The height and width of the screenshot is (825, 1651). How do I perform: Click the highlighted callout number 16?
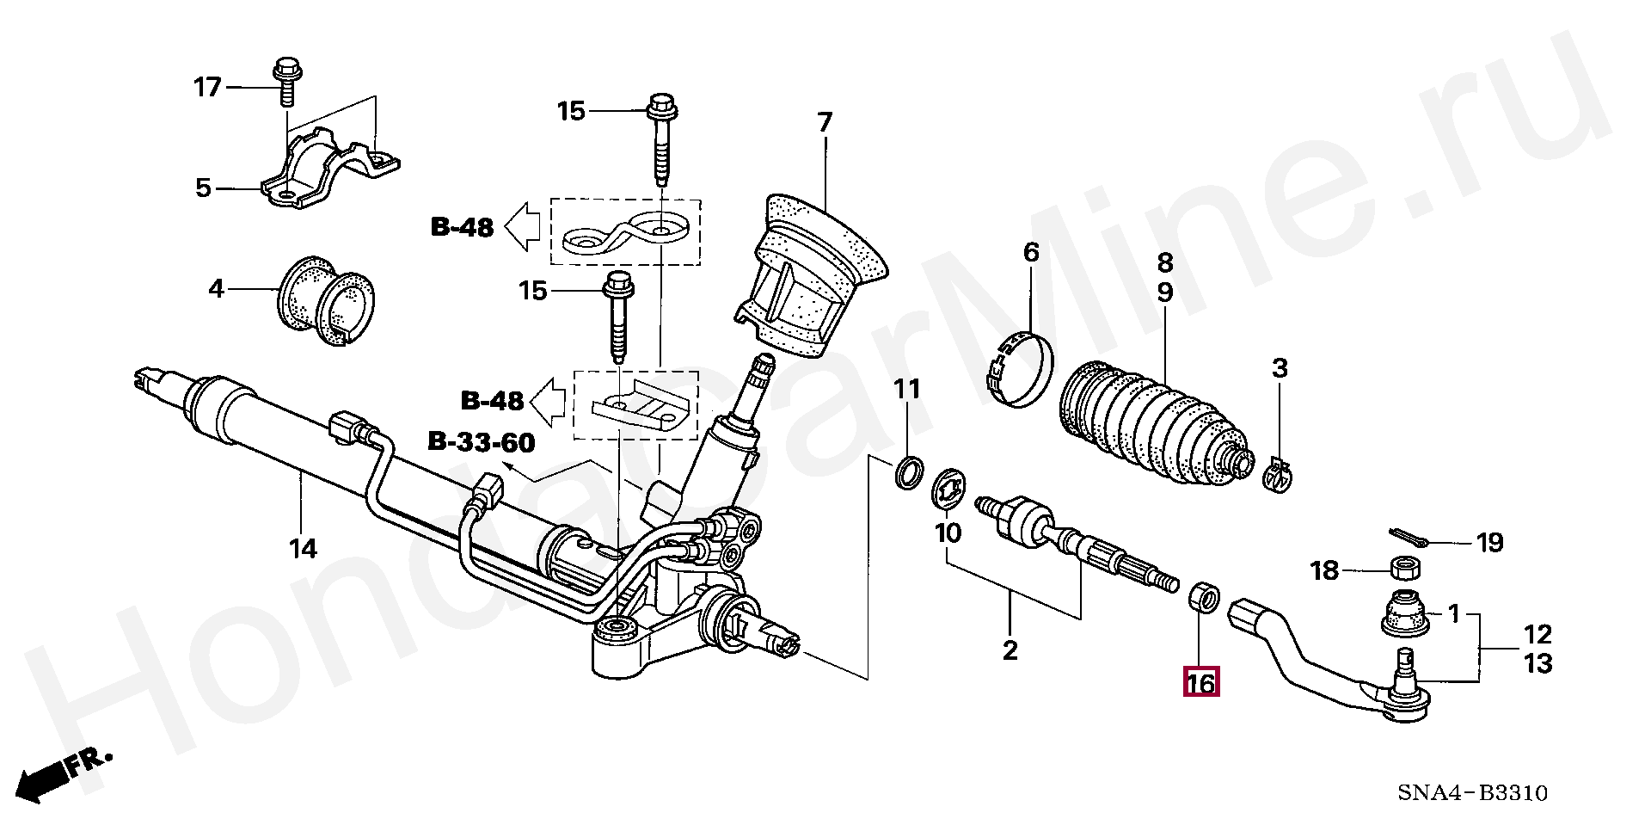tap(1200, 683)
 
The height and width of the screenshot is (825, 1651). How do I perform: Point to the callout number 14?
tap(303, 547)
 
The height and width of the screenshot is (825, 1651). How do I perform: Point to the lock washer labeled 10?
tap(950, 488)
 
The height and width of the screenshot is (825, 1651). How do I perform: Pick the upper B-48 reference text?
tap(463, 227)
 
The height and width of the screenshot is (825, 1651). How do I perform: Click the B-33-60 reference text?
tap(481, 443)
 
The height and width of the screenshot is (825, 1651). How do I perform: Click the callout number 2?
tap(1010, 650)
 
